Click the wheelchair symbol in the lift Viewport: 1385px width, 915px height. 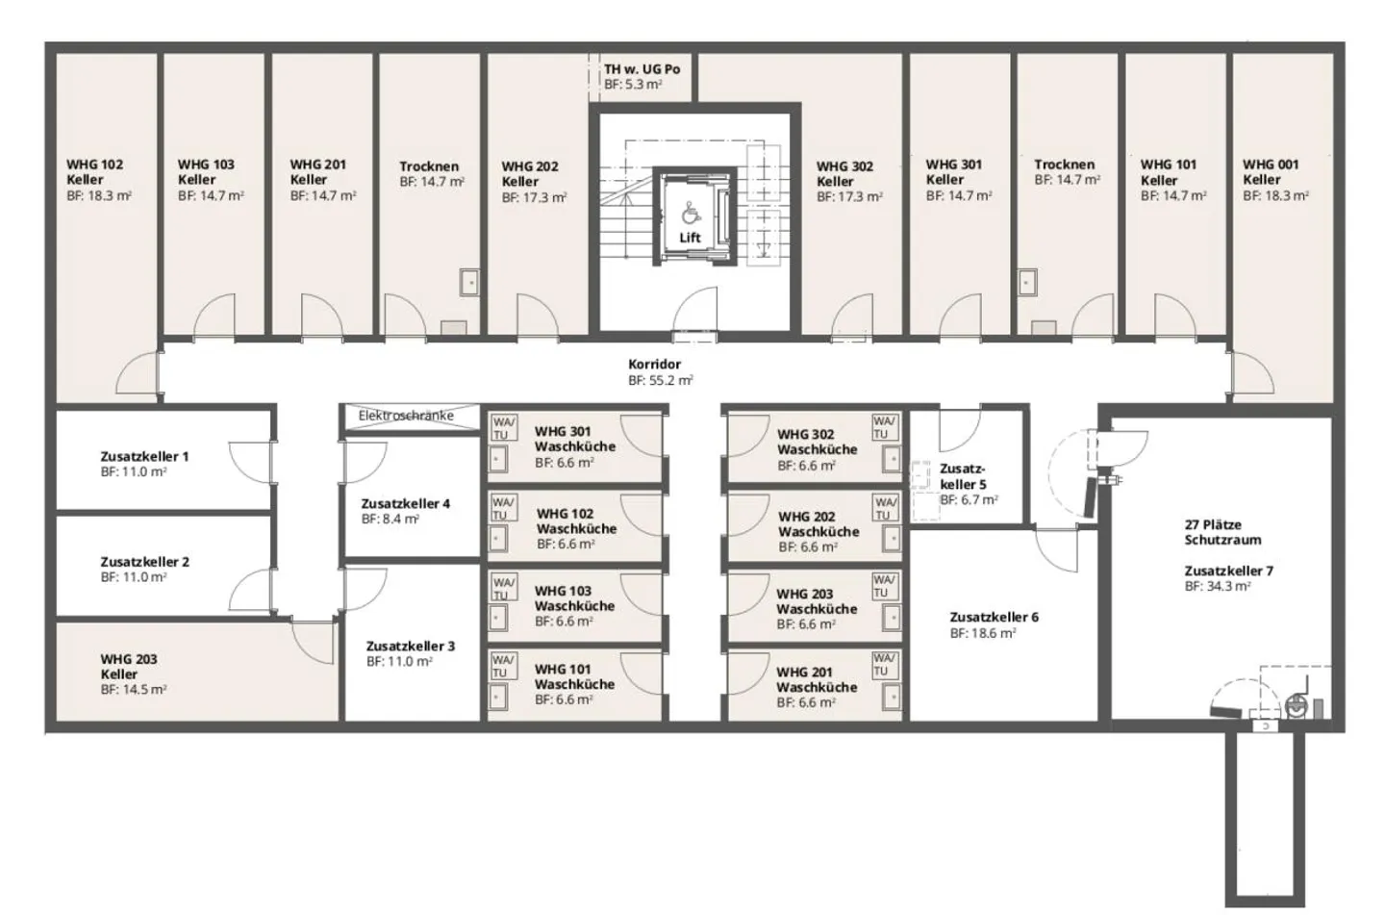[691, 213]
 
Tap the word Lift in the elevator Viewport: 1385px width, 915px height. [691, 238]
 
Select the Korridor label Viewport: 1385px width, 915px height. [655, 365]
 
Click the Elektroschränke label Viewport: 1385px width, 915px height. [406, 417]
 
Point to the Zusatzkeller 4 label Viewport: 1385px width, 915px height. [405, 503]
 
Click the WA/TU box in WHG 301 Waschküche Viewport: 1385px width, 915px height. [503, 427]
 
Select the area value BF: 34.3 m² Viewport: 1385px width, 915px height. [1218, 586]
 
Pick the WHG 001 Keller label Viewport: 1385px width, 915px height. [1271, 172]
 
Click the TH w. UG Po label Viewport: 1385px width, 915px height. [642, 69]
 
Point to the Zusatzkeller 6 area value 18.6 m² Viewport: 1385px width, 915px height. [983, 633]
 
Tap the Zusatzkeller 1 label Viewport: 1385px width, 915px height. [144, 456]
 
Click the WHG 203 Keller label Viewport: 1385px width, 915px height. [128, 667]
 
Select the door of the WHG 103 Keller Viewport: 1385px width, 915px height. [214, 318]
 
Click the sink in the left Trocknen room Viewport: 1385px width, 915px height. [468, 282]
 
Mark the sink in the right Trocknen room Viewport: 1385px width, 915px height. [1027, 282]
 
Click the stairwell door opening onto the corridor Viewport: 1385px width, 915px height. [694, 316]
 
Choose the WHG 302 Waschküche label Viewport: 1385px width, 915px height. [817, 442]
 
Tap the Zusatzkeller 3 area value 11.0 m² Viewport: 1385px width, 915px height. [399, 662]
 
